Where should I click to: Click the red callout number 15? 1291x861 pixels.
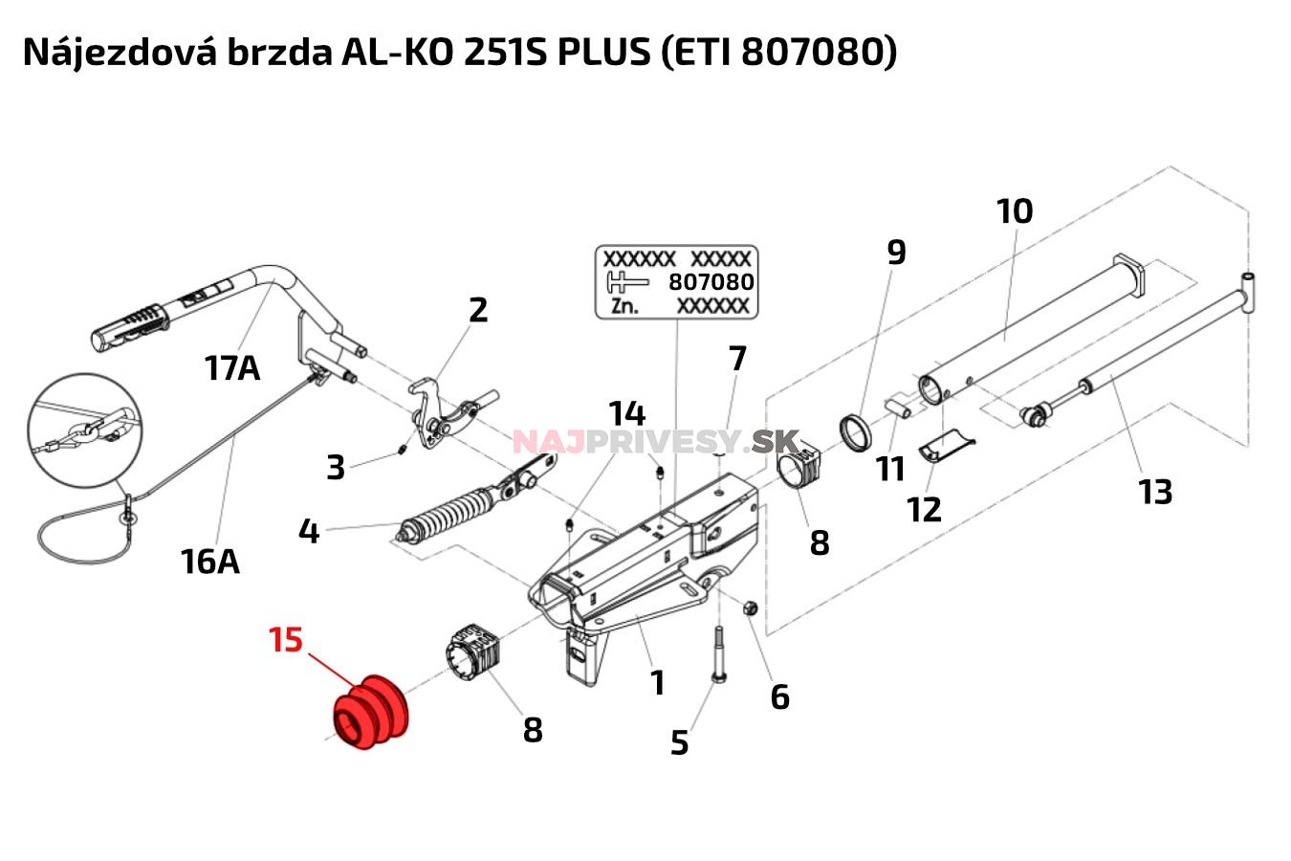(286, 639)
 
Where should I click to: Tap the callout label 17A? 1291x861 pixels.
(232, 366)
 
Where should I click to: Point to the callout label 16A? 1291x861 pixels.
(209, 561)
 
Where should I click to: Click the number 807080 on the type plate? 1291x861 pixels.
(711, 282)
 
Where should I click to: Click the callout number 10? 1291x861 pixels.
(1015, 210)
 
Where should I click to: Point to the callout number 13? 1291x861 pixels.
(1155, 492)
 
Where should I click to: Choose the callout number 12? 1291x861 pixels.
(924, 509)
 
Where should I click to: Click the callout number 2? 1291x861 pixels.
(478, 309)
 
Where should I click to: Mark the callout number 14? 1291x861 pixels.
(627, 413)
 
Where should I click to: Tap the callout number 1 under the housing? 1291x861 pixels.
(657, 682)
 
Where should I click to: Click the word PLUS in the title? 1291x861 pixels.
(603, 52)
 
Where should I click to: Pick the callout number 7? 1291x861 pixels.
(736, 359)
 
